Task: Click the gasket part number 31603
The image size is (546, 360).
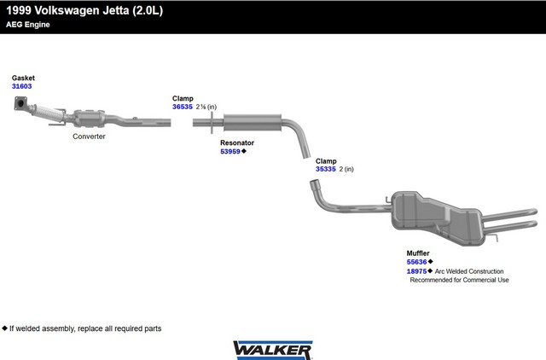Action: pos(21,86)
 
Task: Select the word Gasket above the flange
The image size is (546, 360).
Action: pos(23,78)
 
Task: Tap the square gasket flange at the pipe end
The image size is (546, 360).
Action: pos(20,104)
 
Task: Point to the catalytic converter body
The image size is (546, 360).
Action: pos(89,119)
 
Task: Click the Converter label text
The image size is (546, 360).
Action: pos(89,136)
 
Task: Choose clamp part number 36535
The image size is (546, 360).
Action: pos(182,107)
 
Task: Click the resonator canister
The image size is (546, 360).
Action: pos(253,122)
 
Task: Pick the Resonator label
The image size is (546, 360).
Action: pos(237,142)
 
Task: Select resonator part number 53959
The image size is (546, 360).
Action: pos(230,152)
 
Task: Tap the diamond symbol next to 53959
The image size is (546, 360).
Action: pos(244,151)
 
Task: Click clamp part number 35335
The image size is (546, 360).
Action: pos(326,169)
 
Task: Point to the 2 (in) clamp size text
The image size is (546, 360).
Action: pos(346,169)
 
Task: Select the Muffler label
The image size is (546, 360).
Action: pos(418,253)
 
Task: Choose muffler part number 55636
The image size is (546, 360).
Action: pos(416,262)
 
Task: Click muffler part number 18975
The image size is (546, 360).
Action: pos(416,271)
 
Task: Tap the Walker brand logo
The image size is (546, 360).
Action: pos(273,351)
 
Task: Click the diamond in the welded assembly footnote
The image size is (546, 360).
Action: pos(4,328)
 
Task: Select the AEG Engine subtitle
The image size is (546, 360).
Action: pos(28,25)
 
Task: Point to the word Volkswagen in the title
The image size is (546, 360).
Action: pos(67,10)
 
